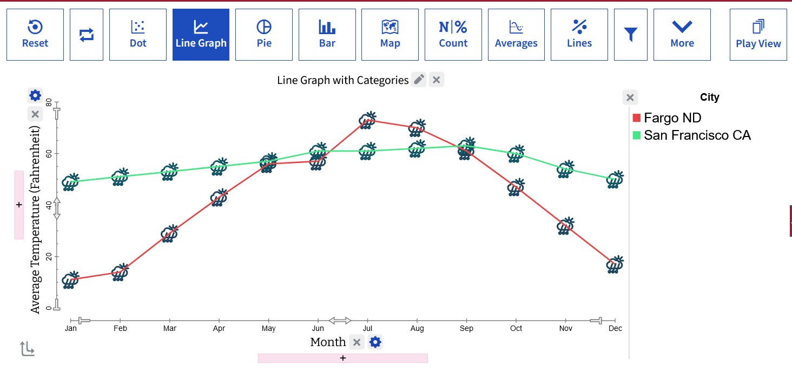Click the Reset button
[35, 35]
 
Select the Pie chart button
[264, 35]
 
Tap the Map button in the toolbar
[390, 35]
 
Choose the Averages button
[516, 35]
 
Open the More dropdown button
[682, 35]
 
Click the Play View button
[758, 35]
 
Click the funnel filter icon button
[631, 35]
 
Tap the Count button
[453, 35]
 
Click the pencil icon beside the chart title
[419, 80]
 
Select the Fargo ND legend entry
[667, 118]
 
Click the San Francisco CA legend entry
[691, 135]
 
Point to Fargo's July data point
[368, 120]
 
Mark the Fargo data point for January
[71, 280]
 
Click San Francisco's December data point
[615, 179]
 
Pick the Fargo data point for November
[566, 226]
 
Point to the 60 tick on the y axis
[49, 154]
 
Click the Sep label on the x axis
[467, 329]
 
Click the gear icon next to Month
[375, 342]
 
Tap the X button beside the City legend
[630, 97]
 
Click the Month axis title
[328, 342]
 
